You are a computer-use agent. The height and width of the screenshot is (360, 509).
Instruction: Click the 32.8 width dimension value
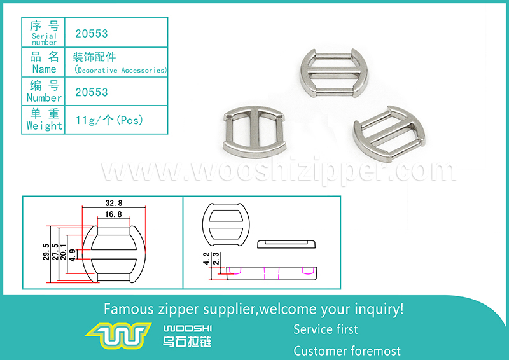click(114, 203)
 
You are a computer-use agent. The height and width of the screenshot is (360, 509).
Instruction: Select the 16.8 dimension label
click(113, 214)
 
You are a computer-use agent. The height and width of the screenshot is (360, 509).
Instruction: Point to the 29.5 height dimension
click(46, 252)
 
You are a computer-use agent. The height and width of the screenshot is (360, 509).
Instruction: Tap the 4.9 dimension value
click(73, 255)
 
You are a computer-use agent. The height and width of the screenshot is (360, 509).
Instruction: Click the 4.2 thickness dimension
click(206, 259)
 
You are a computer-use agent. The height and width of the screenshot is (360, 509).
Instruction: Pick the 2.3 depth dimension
click(216, 259)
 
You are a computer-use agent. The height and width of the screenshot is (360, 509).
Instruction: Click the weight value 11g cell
click(109, 120)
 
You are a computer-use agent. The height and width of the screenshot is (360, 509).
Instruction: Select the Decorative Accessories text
click(120, 70)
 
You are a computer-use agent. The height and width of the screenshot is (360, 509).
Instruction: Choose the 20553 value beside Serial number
click(91, 34)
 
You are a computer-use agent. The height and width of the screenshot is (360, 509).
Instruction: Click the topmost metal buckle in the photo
click(334, 73)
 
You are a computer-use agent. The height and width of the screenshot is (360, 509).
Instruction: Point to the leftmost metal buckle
click(254, 132)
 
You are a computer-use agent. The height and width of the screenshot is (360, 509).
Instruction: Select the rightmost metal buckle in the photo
click(389, 134)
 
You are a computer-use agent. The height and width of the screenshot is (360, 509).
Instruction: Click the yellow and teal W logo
click(118, 335)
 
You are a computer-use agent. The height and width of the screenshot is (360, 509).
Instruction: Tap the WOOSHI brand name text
click(187, 328)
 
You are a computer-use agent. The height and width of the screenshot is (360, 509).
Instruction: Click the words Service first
click(326, 329)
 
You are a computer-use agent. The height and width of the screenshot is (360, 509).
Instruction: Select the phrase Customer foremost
click(347, 351)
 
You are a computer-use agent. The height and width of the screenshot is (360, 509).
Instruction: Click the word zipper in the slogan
click(178, 309)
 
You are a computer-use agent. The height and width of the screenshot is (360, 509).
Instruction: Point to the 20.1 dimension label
click(63, 252)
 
